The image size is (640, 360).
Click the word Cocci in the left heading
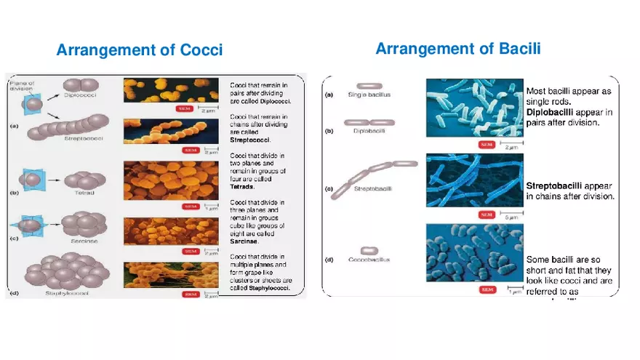tap(197, 50)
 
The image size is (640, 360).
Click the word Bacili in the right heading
tap(515, 49)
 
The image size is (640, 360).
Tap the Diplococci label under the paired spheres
tap(81, 96)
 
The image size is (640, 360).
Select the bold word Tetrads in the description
tap(244, 186)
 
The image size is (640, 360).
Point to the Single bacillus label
tap(369, 95)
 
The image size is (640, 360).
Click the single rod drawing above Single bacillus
tap(369, 86)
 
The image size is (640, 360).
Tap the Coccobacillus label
tap(369, 259)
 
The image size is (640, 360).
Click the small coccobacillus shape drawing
tap(369, 250)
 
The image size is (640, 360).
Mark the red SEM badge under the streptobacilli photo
tap(485, 215)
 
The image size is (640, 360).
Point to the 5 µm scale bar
tap(512, 215)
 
